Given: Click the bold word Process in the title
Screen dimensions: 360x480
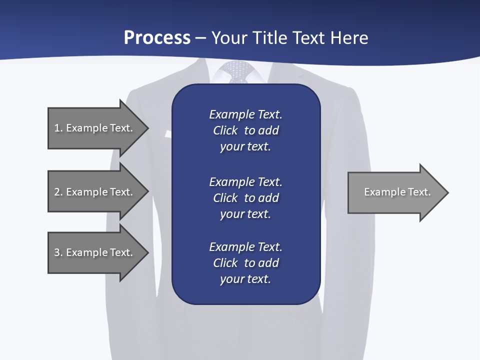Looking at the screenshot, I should (x=157, y=38).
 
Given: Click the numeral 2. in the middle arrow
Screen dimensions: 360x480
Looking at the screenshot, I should (x=58, y=192).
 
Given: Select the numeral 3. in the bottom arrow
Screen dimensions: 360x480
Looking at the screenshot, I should (x=58, y=252).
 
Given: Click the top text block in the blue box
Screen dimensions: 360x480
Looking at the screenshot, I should (x=245, y=130).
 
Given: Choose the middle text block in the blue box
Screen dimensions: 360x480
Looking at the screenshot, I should (x=245, y=198).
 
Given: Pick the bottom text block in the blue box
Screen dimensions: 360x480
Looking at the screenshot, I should (x=245, y=263).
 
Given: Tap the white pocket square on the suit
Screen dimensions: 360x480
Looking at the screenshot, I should (x=167, y=133).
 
